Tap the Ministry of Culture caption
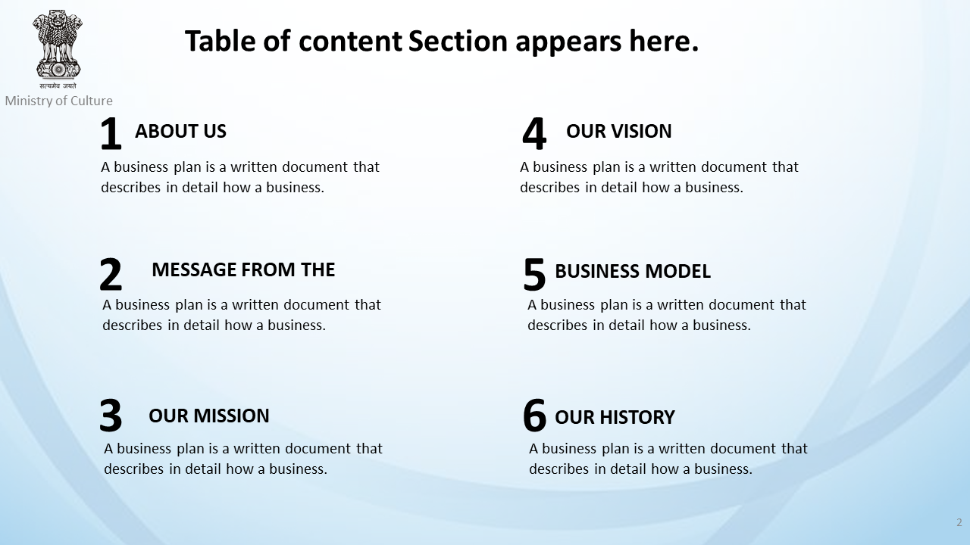point(59,101)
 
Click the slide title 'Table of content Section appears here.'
point(442,42)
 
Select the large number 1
point(111,133)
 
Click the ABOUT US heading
point(180,131)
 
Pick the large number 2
point(111,274)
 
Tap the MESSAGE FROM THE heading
point(243,269)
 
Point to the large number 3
point(111,416)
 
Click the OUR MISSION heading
point(209,416)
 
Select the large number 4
point(534,133)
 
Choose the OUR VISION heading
point(619,131)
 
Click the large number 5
point(534,274)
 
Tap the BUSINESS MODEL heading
point(633,271)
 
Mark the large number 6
point(534,416)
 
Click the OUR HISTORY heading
point(615,417)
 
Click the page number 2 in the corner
point(959,522)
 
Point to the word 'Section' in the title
point(458,41)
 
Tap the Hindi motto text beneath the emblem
point(58,86)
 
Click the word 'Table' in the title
point(220,41)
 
